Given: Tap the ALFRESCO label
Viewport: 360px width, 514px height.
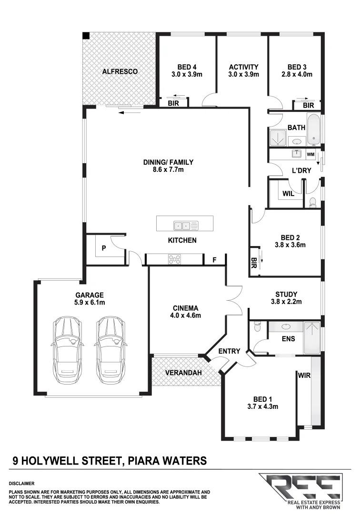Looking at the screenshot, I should click(120, 71).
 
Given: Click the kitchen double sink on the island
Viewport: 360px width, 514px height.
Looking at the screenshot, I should click(182, 226).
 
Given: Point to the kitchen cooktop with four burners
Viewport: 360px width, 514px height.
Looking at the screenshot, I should click(175, 259).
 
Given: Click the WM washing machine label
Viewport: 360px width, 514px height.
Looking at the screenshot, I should click(310, 154).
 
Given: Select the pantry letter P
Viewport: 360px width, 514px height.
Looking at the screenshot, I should click(104, 247).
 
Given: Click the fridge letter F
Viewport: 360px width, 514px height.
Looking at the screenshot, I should click(215, 260).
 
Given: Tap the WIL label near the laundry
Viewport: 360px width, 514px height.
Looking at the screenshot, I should click(288, 194).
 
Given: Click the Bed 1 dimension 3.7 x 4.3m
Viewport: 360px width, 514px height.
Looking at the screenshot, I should click(262, 406).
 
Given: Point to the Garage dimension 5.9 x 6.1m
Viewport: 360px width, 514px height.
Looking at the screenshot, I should click(89, 302).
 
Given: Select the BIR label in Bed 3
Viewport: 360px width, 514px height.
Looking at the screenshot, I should click(308, 105).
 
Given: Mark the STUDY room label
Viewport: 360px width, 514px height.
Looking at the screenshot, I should click(286, 294).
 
